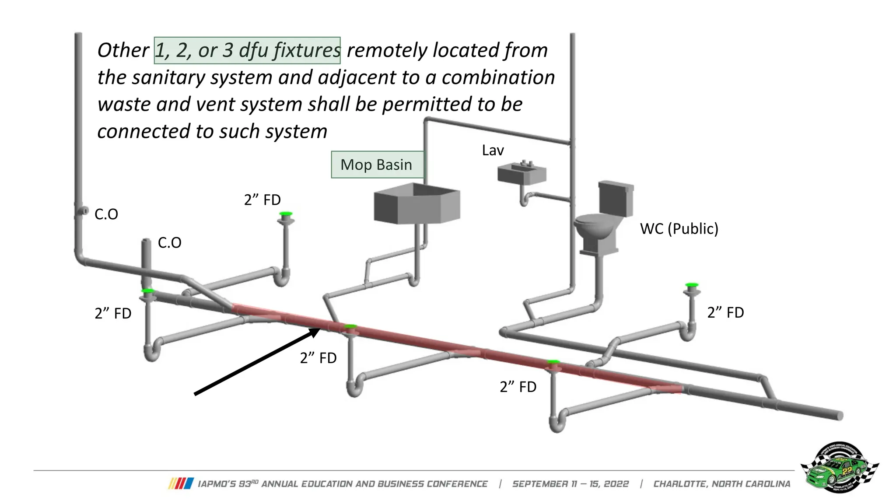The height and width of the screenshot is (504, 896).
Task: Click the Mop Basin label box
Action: pos(377,164)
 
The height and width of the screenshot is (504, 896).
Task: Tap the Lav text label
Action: pos(493,150)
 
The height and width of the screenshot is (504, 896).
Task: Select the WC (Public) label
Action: pos(679,228)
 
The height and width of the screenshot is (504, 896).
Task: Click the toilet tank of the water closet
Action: pos(616,198)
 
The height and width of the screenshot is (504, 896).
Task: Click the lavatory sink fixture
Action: pos(522,173)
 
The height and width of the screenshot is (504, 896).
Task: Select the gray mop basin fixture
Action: pos(416,204)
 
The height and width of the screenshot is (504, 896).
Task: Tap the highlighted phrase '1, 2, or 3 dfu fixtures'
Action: pos(247,50)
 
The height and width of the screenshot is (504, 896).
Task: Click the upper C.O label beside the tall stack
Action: pos(106,214)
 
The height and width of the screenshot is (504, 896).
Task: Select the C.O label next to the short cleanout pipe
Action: pos(169,242)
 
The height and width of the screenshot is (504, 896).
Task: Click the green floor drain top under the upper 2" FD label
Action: pos(286,214)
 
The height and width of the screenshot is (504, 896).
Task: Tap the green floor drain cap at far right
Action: pos(692,285)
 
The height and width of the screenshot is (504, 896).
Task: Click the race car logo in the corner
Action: pos(839,467)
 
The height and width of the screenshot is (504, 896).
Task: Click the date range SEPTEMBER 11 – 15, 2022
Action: pos(570,484)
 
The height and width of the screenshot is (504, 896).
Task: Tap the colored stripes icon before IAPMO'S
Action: pos(181,483)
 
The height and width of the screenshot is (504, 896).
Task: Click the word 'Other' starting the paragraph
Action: pos(123,50)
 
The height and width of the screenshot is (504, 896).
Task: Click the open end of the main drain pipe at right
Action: pos(840,416)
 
